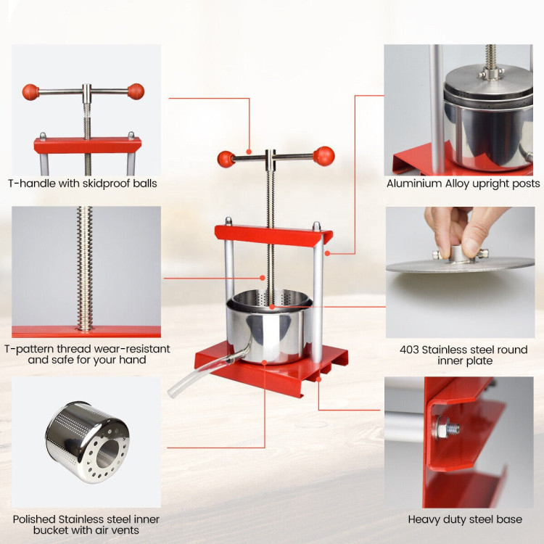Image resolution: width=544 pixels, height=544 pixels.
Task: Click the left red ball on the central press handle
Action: [x=226, y=159]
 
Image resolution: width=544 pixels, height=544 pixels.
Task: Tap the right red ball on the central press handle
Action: [x=323, y=156]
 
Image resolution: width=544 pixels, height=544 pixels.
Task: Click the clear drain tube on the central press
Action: [x=205, y=372]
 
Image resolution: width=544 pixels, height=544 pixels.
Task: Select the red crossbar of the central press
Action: [x=273, y=236]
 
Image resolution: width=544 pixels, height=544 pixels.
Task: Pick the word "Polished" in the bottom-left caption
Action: [x=34, y=519]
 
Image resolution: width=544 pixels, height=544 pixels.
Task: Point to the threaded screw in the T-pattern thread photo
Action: [x=85, y=268]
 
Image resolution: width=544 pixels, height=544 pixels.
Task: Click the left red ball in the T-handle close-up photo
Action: [x=30, y=92]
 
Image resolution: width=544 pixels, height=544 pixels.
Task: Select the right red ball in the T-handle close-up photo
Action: [x=136, y=91]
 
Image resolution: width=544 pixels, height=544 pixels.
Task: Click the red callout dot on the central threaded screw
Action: [x=263, y=278]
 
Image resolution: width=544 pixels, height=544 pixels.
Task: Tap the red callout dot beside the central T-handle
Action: [x=249, y=152]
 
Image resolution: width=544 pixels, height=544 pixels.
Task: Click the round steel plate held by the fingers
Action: [x=460, y=265]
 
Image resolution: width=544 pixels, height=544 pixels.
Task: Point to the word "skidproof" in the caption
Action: [x=104, y=184]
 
